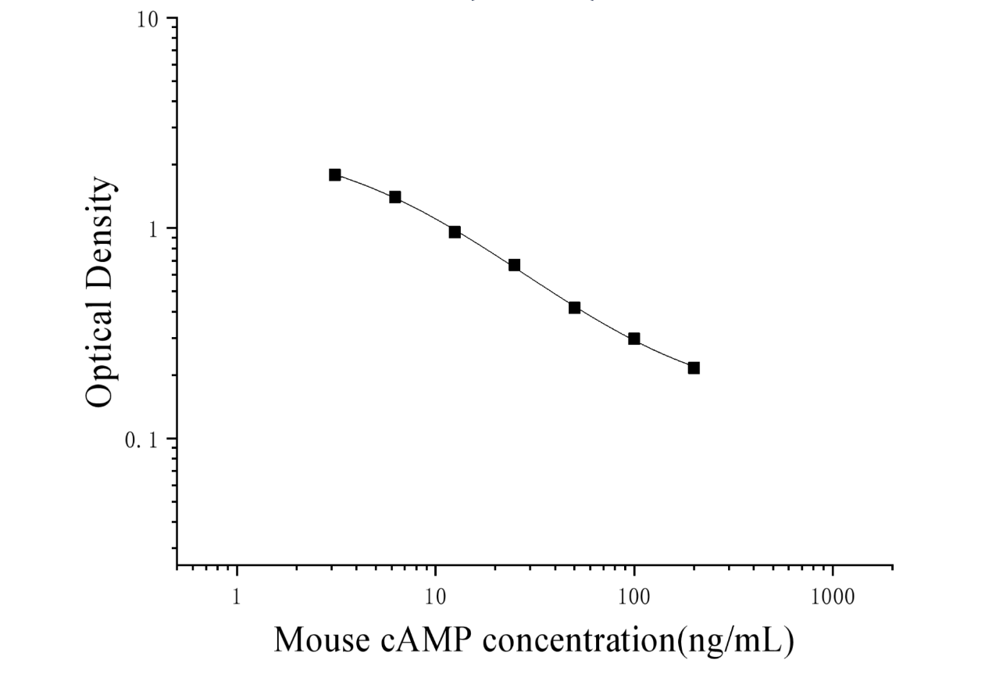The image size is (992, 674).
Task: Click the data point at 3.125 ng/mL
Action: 335,174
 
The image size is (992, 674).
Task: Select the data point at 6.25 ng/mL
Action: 395,197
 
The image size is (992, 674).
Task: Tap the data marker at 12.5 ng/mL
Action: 455,232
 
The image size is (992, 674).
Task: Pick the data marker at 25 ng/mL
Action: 514,265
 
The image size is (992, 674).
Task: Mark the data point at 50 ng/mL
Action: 574,308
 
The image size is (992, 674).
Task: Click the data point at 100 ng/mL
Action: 634,339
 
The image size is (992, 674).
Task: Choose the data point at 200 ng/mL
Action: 694,368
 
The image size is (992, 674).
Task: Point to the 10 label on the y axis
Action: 147,20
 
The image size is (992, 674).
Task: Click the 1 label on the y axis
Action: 153,230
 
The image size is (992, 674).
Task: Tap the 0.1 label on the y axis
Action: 141,440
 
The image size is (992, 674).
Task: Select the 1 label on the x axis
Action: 237,597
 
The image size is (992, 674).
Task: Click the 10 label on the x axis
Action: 435,597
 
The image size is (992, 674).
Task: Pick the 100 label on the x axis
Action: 634,597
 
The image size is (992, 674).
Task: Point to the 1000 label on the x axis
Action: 833,597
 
